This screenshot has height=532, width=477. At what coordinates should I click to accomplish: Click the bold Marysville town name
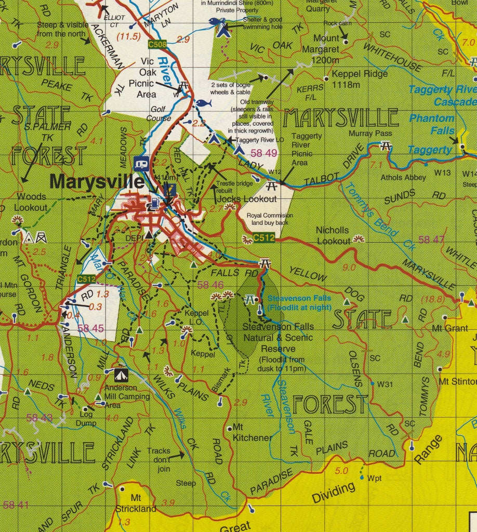click(97, 182)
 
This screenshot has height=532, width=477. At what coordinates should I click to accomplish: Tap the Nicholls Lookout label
click(333, 235)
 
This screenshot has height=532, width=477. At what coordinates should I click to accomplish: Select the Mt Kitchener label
click(251, 432)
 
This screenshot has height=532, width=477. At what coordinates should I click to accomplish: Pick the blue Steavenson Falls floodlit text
click(299, 302)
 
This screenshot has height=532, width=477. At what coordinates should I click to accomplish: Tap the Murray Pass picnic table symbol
click(386, 146)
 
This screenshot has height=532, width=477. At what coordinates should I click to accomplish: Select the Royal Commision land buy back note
click(270, 219)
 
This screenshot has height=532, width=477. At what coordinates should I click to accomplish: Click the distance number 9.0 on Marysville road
click(349, 268)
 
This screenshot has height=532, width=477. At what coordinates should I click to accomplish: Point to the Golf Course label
click(161, 114)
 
